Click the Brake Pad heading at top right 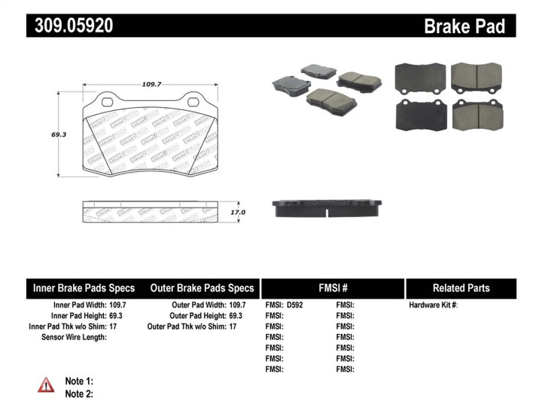pos(464,26)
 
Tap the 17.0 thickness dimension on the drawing pos(237,213)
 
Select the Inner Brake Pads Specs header pos(84,288)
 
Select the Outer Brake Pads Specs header pos(202,288)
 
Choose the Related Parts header pos(461,288)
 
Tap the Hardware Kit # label pos(433,305)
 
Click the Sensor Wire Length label pos(73,337)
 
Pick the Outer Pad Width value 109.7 pos(240,305)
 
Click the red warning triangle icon pos(47,385)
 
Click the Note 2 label pos(79,394)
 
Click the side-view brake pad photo pos(327,207)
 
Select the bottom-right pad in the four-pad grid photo pos(477,115)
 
